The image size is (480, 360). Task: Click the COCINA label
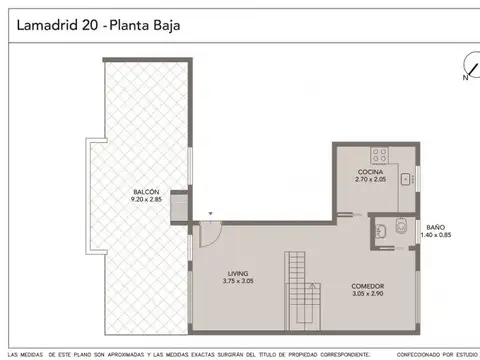point(371,172)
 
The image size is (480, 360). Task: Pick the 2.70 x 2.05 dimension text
point(371,180)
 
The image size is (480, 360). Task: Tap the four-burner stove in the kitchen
point(380,155)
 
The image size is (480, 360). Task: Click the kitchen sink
point(406,180)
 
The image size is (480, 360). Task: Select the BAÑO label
point(437,227)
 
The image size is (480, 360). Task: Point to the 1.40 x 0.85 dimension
point(437,235)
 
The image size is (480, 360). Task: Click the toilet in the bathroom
point(400,231)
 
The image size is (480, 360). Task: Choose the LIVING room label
point(238,273)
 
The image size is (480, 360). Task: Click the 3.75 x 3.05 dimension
point(238,281)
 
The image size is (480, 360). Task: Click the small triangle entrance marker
point(211,213)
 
